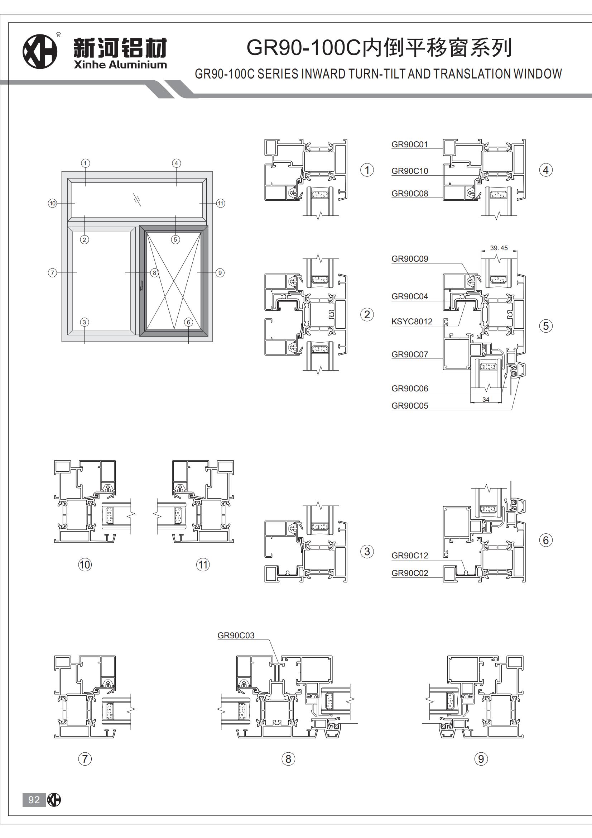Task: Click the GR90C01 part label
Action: pyautogui.click(x=409, y=144)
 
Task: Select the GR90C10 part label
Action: pyautogui.click(x=409, y=171)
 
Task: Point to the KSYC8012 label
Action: pyautogui.click(x=411, y=322)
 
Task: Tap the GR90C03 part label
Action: pyautogui.click(x=236, y=635)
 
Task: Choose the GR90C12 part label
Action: pyautogui.click(x=409, y=556)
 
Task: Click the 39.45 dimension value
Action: pyautogui.click(x=499, y=248)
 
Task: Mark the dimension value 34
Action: pyautogui.click(x=486, y=400)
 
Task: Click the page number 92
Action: pyautogui.click(x=34, y=800)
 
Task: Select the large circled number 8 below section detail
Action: pyautogui.click(x=288, y=759)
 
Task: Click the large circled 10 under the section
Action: pyautogui.click(x=85, y=565)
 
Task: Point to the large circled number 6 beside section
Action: pyautogui.click(x=546, y=540)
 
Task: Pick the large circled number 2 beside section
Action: pyautogui.click(x=367, y=315)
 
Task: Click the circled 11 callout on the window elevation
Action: pyautogui.click(x=221, y=203)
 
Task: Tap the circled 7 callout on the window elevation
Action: pyautogui.click(x=53, y=273)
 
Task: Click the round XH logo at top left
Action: pyautogui.click(x=40, y=52)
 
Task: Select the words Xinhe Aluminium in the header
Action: pyautogui.click(x=120, y=65)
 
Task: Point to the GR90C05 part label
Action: pyautogui.click(x=409, y=406)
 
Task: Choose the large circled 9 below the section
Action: pyautogui.click(x=481, y=759)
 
